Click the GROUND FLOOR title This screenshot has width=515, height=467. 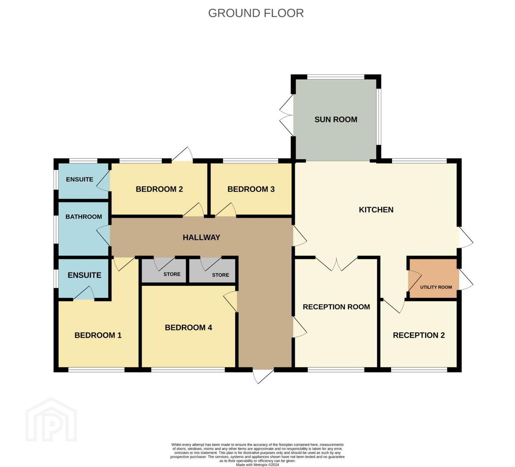click(x=256, y=13)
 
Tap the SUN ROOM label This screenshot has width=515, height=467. click(x=336, y=119)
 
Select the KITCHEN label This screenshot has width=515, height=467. click(x=376, y=210)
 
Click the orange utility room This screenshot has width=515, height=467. click(x=433, y=278)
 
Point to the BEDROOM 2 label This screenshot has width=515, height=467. click(x=159, y=189)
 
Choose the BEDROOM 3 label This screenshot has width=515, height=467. click(x=251, y=189)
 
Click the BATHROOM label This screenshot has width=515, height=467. click(x=84, y=217)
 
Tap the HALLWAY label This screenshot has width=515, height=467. click(x=201, y=237)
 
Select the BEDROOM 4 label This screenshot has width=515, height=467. click(x=189, y=327)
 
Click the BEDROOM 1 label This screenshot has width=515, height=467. click(x=98, y=336)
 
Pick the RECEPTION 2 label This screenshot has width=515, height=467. click(x=419, y=336)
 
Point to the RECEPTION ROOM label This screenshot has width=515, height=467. click(x=336, y=307)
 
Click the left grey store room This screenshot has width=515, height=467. click(x=164, y=271)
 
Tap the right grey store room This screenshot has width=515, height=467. click(x=212, y=271)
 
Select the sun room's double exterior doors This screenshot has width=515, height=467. click(x=286, y=115)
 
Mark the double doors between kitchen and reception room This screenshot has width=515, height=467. click(x=336, y=264)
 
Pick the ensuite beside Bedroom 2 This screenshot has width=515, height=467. click(x=83, y=181)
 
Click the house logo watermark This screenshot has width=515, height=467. click(x=51, y=420)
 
